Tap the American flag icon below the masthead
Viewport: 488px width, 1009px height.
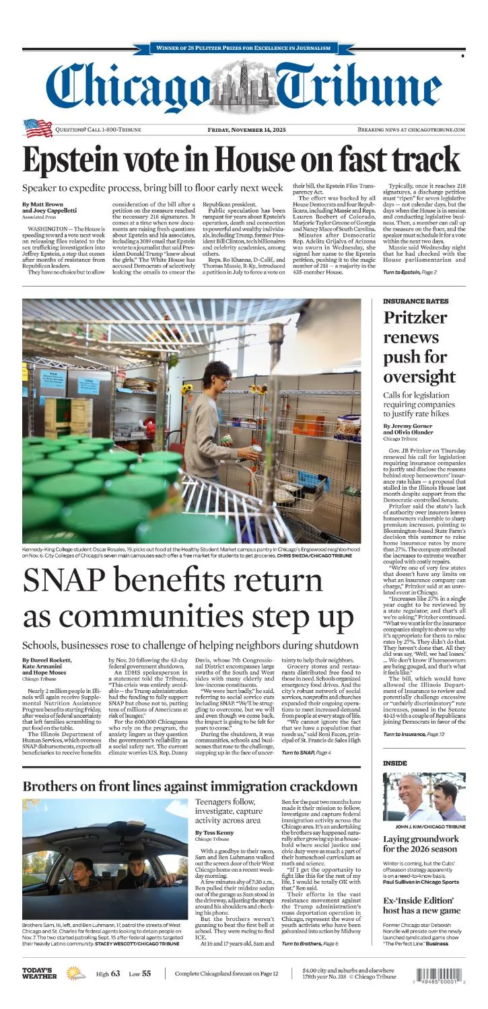coord(38,128)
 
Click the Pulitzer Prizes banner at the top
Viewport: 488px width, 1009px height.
coord(244,48)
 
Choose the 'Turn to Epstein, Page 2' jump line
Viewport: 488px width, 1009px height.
coord(410,272)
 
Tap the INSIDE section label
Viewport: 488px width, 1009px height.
coord(395,763)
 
